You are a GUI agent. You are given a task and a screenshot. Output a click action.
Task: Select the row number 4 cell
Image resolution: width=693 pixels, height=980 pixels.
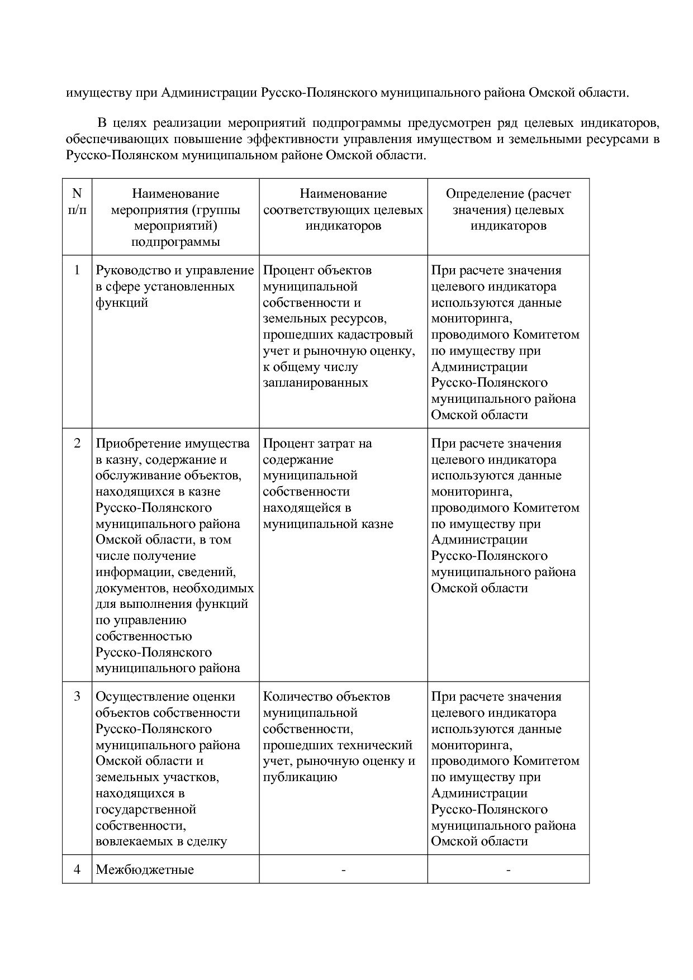click(77, 870)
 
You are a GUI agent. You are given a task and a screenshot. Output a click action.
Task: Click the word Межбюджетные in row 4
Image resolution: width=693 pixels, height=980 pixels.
click(145, 870)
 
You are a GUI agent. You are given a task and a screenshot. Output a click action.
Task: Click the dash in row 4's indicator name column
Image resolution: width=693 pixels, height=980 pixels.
click(343, 870)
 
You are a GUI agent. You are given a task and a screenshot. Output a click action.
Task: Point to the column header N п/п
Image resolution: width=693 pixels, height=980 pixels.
click(77, 202)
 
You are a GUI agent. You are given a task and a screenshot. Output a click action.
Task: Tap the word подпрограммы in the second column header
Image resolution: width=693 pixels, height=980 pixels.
click(175, 242)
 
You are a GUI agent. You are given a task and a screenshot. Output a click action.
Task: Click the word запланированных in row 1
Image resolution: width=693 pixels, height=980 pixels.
click(315, 383)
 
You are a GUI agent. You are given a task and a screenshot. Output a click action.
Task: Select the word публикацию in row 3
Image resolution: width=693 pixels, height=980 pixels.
click(300, 777)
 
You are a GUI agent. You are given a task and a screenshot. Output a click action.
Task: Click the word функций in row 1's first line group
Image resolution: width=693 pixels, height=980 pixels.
click(122, 303)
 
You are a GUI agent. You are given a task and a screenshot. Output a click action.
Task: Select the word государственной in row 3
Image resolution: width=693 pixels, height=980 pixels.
click(146, 810)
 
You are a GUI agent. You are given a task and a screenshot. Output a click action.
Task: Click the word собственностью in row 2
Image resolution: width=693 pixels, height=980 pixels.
click(144, 636)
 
